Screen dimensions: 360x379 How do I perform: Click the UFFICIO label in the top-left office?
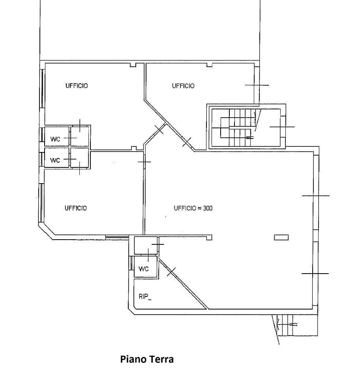coord(77,86)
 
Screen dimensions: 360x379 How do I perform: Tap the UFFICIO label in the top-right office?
coord(183,86)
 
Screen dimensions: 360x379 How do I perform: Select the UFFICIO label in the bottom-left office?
coord(76,208)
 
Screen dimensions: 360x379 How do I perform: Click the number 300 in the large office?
coord(208,208)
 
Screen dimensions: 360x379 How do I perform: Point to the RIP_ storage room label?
coord(145,296)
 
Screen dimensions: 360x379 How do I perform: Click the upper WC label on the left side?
coord(55,139)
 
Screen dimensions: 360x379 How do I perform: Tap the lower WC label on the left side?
coord(55,160)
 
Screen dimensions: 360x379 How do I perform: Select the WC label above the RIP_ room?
coord(144,269)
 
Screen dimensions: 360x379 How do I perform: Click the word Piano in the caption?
coord(133,359)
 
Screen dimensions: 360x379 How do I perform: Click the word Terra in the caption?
coord(161,359)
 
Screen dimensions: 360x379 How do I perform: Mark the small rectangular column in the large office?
coord(281,238)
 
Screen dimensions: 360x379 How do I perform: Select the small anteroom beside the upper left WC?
coord(80,136)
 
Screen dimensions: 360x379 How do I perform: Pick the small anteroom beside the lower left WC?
coord(80,158)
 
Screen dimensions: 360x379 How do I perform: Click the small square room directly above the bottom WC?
coord(146,246)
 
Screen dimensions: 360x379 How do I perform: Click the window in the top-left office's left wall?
coord(42,89)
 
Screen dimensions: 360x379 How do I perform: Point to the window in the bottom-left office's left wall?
coord(41,203)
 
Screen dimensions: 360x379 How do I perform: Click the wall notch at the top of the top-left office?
coord(133,65)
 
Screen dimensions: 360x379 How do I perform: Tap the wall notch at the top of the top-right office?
coord(210,65)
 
